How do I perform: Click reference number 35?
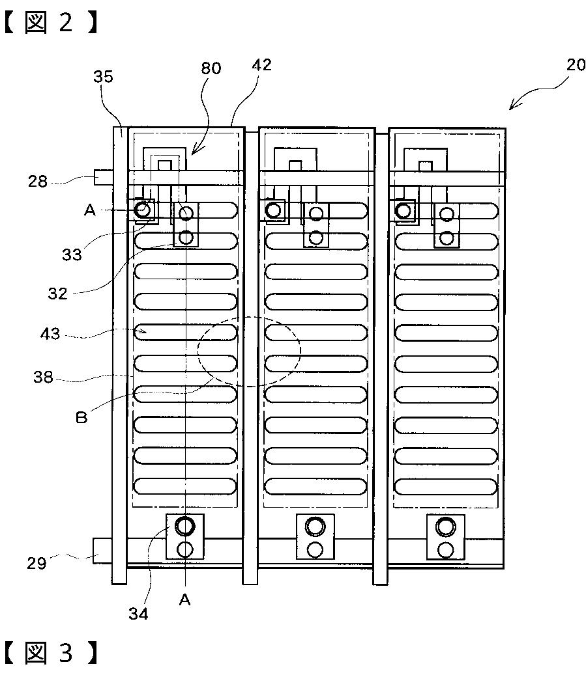(103, 76)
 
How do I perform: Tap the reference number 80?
(211, 68)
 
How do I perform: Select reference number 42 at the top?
(262, 65)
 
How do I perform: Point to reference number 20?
(576, 64)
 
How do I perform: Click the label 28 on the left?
(37, 181)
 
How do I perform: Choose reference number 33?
(72, 254)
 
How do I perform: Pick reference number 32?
(57, 294)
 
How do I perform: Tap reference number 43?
(50, 333)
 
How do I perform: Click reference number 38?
(43, 378)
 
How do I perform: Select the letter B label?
(81, 417)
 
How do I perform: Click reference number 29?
(37, 563)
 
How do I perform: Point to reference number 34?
(138, 614)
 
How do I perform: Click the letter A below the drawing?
(184, 599)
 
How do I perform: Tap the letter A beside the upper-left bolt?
(89, 210)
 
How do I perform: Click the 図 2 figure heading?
(51, 22)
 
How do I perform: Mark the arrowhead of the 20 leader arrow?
(511, 108)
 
